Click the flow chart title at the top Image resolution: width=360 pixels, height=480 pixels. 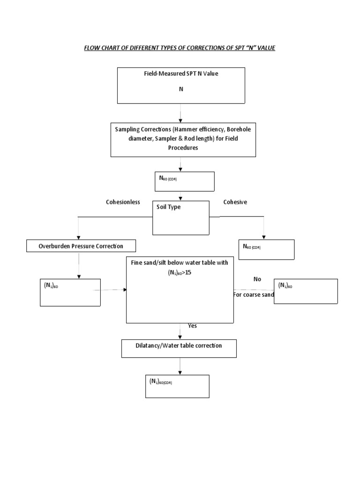180,48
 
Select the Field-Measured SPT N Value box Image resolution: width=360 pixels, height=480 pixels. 181,85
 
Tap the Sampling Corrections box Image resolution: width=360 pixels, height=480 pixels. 183,140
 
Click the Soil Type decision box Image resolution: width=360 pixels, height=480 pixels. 181,217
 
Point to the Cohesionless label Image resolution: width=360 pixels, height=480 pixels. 123,202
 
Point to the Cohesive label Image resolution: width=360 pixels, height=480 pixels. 235,202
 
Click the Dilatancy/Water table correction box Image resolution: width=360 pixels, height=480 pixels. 179,348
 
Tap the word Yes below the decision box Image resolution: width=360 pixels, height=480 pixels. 193,326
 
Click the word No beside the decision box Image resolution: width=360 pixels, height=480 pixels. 257,279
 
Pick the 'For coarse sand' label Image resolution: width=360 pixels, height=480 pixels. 253,295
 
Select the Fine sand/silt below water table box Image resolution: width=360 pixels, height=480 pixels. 180,289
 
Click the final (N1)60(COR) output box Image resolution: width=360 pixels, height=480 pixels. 179,386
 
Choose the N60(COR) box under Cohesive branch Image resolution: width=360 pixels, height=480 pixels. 266,249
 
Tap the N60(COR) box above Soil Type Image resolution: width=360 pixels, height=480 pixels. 184,181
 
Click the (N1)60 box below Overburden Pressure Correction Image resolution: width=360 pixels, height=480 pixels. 70,292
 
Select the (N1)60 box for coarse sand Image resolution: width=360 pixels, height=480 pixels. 306,291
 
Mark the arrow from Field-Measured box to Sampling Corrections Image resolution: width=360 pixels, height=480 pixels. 180,113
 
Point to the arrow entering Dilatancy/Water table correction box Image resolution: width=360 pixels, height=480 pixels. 180,331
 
